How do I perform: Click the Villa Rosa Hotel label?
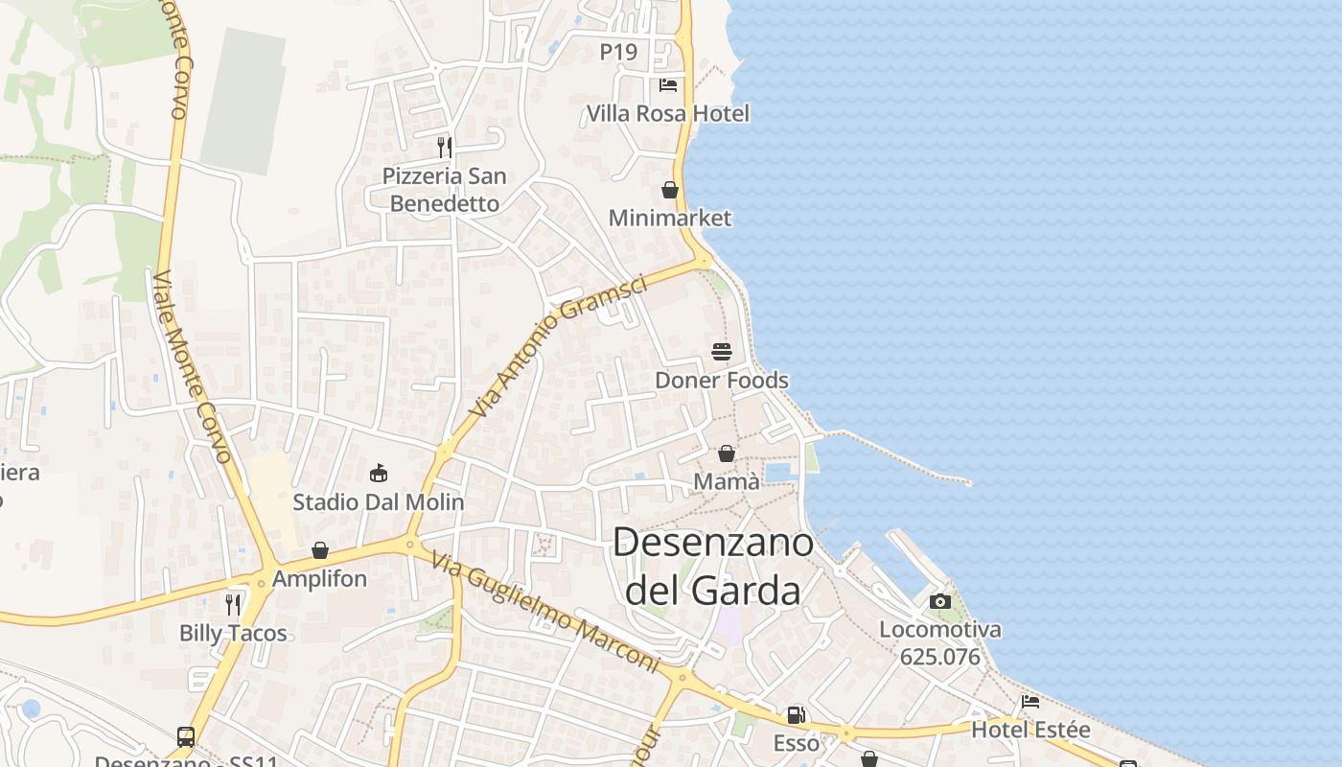[x=667, y=113]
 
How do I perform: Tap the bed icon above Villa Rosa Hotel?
[x=668, y=85]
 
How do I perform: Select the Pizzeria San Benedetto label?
[x=445, y=190]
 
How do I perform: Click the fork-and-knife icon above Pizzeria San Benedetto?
[x=445, y=147]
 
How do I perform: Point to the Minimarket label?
[x=670, y=218]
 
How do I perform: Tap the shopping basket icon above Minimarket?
[x=670, y=190]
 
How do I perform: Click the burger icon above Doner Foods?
[x=722, y=352]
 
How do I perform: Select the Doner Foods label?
[x=722, y=380]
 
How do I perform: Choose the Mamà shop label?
[x=727, y=480]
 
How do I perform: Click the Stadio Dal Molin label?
[x=379, y=501]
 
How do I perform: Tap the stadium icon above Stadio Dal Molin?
[x=379, y=473]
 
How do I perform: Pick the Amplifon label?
[x=319, y=578]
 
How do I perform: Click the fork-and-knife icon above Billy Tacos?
[x=233, y=604]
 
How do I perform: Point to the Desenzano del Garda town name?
[x=713, y=566]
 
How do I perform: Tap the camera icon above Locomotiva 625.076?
[x=940, y=601]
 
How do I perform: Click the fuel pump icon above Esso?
[x=796, y=714]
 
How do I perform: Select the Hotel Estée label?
[x=1030, y=730]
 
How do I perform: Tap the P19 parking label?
[x=618, y=52]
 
